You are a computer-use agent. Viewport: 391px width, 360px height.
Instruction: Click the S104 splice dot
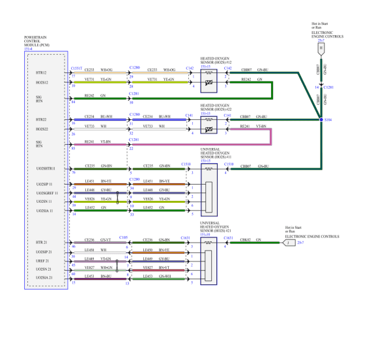(321, 120)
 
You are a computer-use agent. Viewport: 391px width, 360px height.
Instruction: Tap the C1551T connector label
(76, 67)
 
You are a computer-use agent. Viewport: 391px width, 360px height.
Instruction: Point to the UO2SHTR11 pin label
(46, 169)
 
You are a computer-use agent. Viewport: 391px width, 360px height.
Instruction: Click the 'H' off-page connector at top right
(321, 48)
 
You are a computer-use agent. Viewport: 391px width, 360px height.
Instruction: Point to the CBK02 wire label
(247, 239)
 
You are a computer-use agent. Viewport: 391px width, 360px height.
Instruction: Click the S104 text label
(328, 120)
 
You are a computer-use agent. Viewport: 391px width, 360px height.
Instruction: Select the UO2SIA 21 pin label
(44, 277)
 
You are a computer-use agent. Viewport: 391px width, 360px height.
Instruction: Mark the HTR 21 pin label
(42, 243)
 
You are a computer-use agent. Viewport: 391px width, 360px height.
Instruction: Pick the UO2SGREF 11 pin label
(46, 194)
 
